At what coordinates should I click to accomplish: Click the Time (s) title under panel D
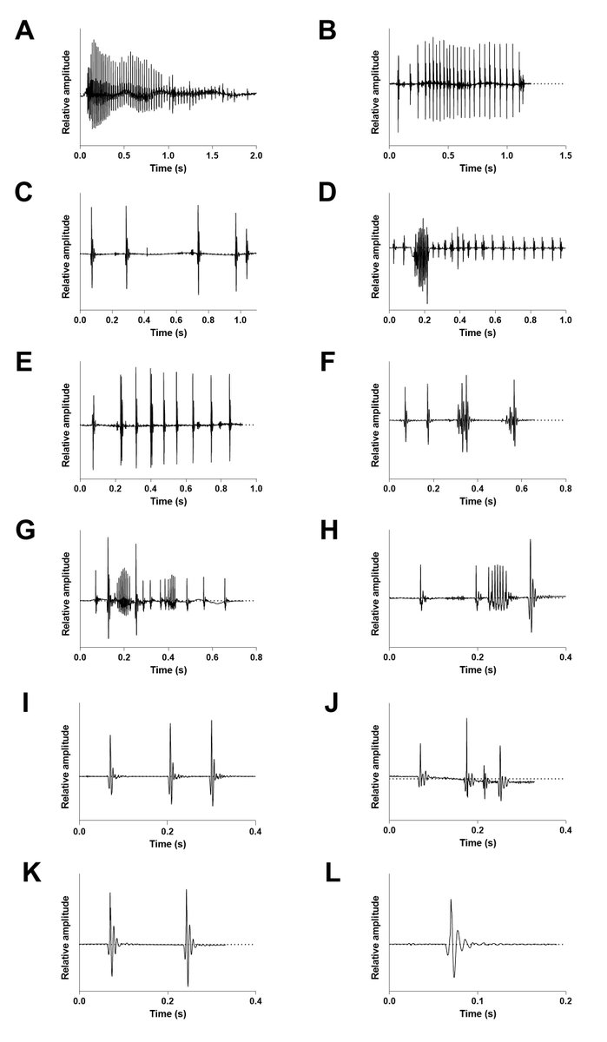click(478, 333)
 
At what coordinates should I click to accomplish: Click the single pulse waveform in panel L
click(452, 938)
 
